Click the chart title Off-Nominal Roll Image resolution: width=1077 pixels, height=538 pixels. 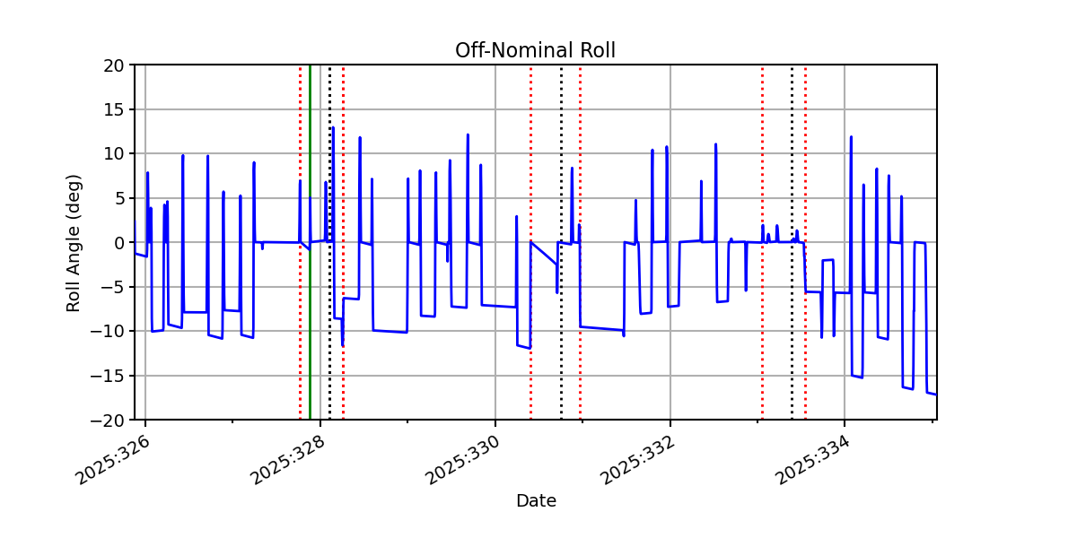click(x=535, y=50)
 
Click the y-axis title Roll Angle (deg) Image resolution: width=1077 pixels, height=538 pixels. click(x=73, y=243)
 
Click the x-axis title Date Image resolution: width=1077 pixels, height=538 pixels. click(x=536, y=501)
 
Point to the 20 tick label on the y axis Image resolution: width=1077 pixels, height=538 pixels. click(x=113, y=65)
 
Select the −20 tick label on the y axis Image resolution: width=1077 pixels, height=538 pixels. click(x=107, y=421)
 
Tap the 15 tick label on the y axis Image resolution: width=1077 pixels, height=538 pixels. click(x=113, y=110)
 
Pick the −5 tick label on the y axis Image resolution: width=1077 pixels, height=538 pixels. click(x=112, y=288)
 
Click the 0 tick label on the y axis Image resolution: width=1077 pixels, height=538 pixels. click(x=118, y=243)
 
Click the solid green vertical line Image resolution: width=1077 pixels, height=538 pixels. click(x=311, y=242)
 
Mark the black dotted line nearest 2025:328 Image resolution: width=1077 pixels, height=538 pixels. click(x=330, y=242)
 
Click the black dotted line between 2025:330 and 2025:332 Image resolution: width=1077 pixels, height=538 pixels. click(x=561, y=242)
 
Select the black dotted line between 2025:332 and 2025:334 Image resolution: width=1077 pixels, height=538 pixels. click(x=792, y=242)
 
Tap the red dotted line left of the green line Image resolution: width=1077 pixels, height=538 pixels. click(x=301, y=242)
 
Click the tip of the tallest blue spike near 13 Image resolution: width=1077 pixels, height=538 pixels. click(x=333, y=127)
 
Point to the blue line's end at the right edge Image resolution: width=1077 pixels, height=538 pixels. click(x=936, y=395)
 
